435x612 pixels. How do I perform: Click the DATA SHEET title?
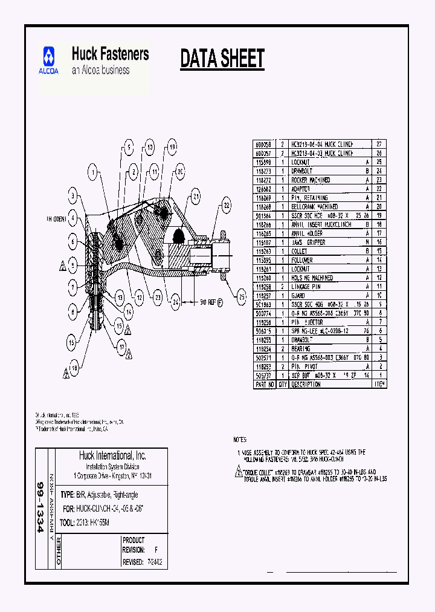pyautogui.click(x=222, y=59)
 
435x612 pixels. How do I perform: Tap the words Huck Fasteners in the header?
pyautogui.click(x=110, y=54)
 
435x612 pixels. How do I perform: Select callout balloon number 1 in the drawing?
pyautogui.click(x=92, y=173)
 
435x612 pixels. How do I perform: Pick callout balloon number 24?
pyautogui.click(x=175, y=300)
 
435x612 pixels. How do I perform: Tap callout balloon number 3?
pyautogui.click(x=72, y=195)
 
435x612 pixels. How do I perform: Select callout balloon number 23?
pyautogui.click(x=157, y=296)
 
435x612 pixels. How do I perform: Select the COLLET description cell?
pyautogui.click(x=300, y=251)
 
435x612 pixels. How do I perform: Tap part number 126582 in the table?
pyautogui.click(x=264, y=189)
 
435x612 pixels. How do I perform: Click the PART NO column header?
pyautogui.click(x=264, y=384)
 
